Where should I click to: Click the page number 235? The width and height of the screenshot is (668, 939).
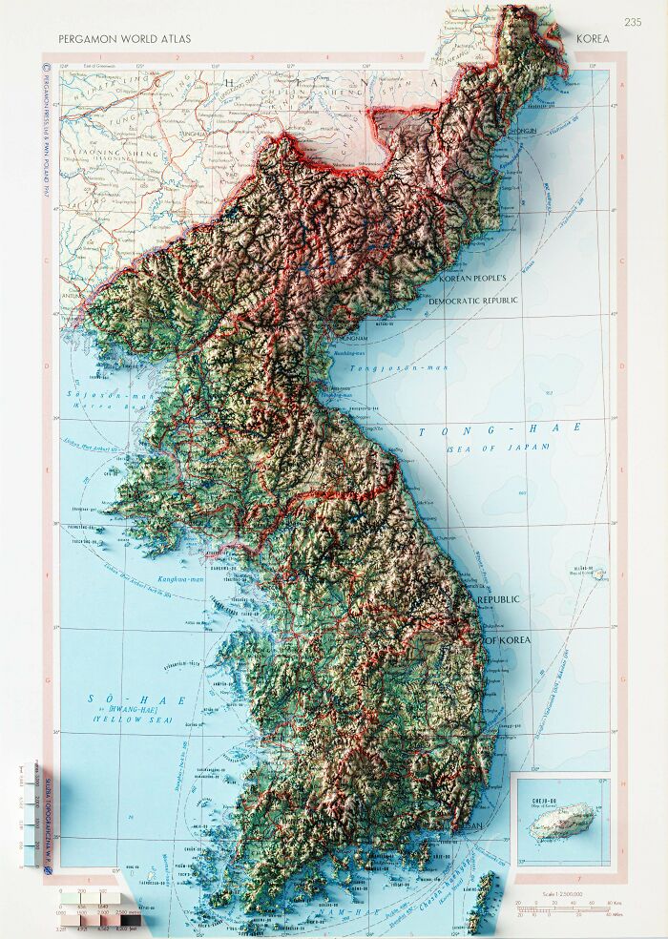pos(633,22)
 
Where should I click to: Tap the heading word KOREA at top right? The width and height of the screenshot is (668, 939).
pos(593,39)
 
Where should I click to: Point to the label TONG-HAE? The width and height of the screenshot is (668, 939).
pos(499,430)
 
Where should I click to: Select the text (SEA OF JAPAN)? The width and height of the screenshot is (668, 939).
pos(503,447)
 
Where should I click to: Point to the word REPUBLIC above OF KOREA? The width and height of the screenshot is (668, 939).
pos(498,599)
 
